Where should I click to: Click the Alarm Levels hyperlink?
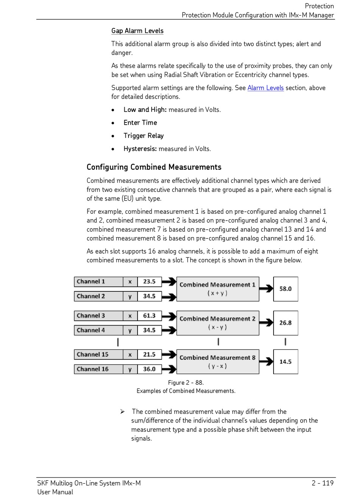(x=265, y=88)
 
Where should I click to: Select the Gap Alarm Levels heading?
(x=137, y=31)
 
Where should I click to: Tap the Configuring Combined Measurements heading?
(x=154, y=167)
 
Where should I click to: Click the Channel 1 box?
(x=98, y=282)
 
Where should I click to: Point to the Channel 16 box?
(x=98, y=369)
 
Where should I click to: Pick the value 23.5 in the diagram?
(x=149, y=282)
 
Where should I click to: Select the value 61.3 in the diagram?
(x=149, y=316)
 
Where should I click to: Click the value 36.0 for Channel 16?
(x=149, y=369)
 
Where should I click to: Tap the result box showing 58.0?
(x=285, y=289)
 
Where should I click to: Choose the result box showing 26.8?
(x=285, y=323)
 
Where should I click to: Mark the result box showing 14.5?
(x=285, y=362)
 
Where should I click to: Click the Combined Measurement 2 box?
(x=218, y=323)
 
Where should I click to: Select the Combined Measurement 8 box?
(x=218, y=362)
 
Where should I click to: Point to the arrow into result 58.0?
(x=266, y=289)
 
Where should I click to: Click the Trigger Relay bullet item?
(x=144, y=136)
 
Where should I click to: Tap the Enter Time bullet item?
(x=140, y=123)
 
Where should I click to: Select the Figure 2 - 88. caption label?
(x=186, y=383)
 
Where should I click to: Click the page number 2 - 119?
(x=322, y=483)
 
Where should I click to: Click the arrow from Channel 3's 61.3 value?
(x=169, y=316)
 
